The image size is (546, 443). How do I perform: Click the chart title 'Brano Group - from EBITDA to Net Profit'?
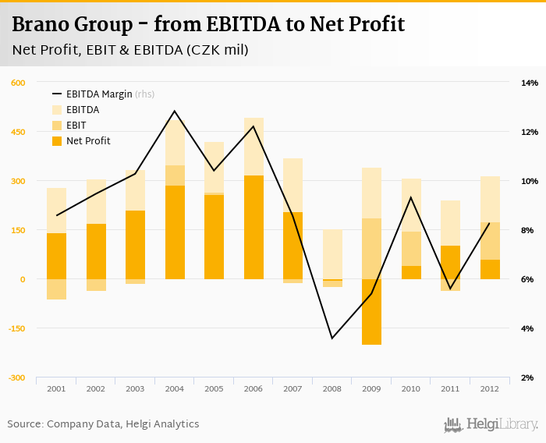tap(208, 24)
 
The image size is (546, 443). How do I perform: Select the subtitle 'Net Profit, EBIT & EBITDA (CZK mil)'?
tap(130, 51)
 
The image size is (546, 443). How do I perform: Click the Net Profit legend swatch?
tap(57, 141)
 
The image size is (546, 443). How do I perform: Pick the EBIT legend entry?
tap(76, 126)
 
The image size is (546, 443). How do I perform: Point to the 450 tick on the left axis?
tap(17, 132)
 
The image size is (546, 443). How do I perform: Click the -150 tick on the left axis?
tap(16, 328)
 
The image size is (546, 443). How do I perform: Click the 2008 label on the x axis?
tap(332, 388)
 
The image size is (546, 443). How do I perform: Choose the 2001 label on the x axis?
tap(56, 388)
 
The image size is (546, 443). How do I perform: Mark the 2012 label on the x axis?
tap(490, 388)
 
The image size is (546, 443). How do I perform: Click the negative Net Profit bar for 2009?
tap(371, 312)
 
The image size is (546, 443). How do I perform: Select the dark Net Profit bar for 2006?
tap(253, 227)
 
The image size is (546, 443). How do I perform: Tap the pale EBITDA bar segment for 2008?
tap(332, 253)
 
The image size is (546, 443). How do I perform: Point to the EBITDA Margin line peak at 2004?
tap(175, 111)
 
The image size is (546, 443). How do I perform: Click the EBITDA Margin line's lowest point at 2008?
tap(332, 338)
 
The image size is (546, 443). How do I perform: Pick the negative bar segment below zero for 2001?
tap(56, 289)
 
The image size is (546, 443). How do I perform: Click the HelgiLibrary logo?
tap(491, 425)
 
